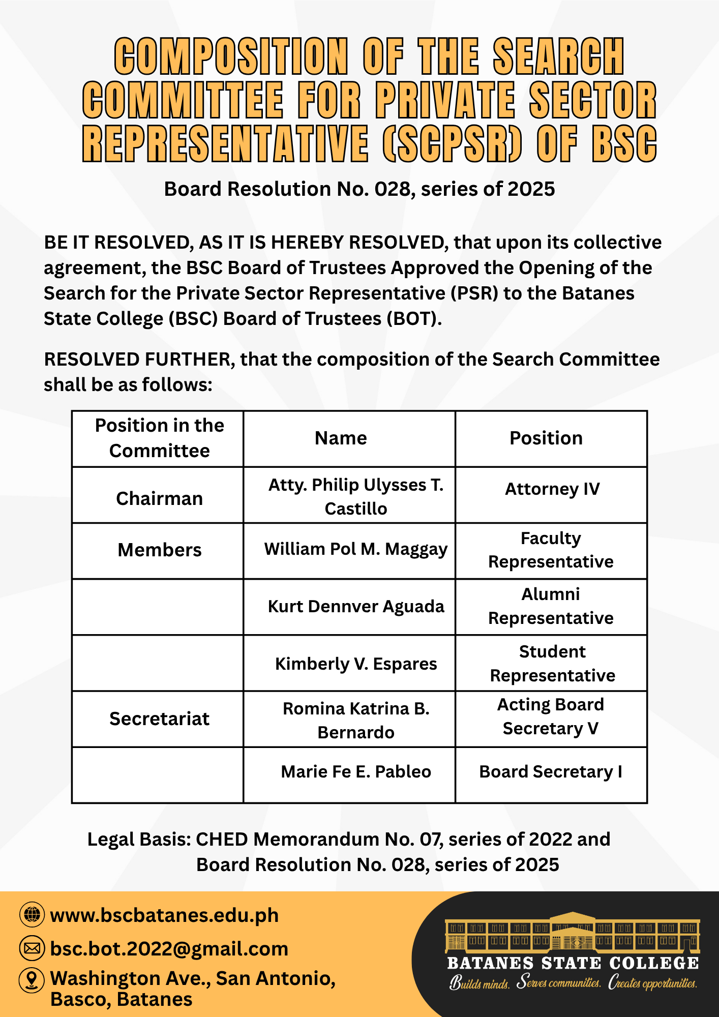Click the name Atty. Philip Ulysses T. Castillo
click(x=355, y=496)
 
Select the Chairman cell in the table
click(x=159, y=498)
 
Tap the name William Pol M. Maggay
click(x=355, y=549)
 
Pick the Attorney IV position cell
click(x=552, y=489)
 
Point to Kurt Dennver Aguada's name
click(x=355, y=606)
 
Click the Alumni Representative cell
click(x=551, y=606)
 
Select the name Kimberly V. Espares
click(x=355, y=664)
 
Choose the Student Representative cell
click(x=552, y=664)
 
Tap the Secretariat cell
click(x=159, y=719)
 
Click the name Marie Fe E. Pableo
click(x=355, y=772)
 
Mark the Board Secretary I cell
click(x=551, y=772)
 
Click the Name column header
click(x=341, y=438)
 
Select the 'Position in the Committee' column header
click(x=159, y=438)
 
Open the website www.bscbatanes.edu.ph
click(x=164, y=916)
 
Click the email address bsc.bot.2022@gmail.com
click(x=169, y=949)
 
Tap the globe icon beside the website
click(x=32, y=915)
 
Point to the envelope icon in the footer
click(x=32, y=948)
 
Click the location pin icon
click(x=32, y=979)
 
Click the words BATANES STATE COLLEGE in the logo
click(x=573, y=963)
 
